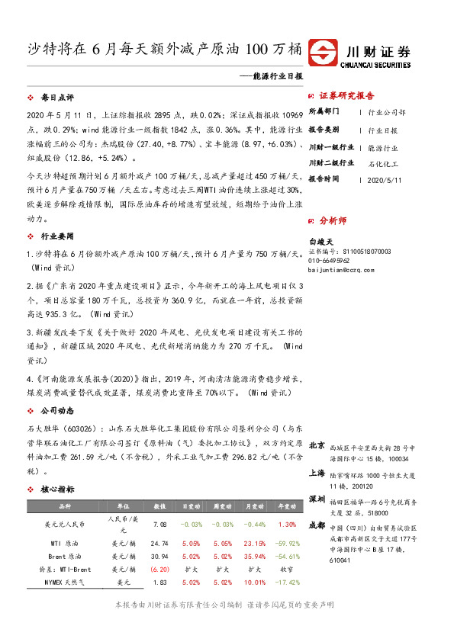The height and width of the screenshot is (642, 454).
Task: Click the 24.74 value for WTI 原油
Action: (x=160, y=543)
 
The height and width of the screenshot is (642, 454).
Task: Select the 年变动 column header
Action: (x=287, y=506)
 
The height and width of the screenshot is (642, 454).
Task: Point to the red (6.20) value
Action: (x=160, y=569)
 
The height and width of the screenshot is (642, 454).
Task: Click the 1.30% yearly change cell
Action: (x=287, y=525)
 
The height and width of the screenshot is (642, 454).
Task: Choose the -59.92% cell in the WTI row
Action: (x=287, y=543)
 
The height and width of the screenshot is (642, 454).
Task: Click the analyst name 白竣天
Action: (x=321, y=239)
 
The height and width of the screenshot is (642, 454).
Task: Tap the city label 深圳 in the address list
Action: (x=317, y=499)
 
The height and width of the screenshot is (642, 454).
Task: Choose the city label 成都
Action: (x=317, y=525)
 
